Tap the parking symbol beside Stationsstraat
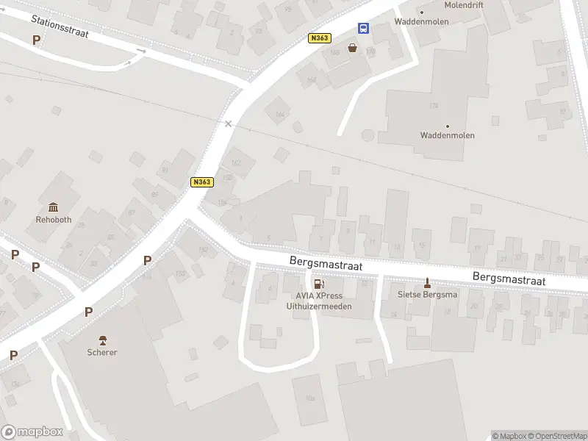click(37, 40)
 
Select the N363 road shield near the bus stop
click(320, 38)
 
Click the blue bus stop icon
click(364, 28)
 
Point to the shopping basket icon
click(353, 48)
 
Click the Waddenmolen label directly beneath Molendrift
click(421, 22)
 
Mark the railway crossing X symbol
click(229, 123)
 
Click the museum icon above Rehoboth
click(53, 207)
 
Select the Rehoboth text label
click(54, 219)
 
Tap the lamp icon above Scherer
click(102, 340)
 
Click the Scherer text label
click(102, 353)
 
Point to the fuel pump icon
click(318, 284)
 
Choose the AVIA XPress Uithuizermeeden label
click(319, 301)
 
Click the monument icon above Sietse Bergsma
click(427, 283)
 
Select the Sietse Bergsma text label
click(427, 295)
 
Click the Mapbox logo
click(32, 432)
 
